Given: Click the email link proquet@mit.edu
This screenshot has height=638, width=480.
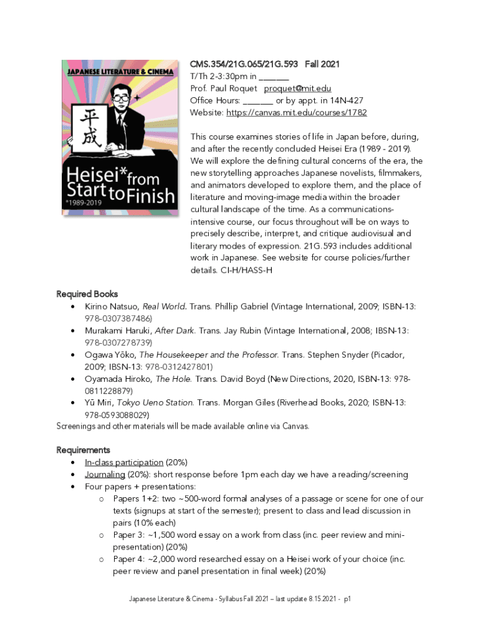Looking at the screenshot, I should pyautogui.click(x=296, y=88).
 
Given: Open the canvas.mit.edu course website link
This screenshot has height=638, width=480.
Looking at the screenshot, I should pyautogui.click(x=296, y=113).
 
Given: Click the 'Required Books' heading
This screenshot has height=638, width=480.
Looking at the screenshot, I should pyautogui.click(x=87, y=294).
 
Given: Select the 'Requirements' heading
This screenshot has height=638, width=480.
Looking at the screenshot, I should pyautogui.click(x=83, y=450).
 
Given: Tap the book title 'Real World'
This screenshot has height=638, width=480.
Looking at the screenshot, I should pyautogui.click(x=165, y=307).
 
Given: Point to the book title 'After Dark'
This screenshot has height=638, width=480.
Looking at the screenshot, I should pyautogui.click(x=175, y=331).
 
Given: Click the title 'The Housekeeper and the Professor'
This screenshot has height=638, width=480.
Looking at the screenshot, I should pyautogui.click(x=208, y=355).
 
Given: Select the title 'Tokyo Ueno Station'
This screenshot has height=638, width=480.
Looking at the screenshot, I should pyautogui.click(x=161, y=402).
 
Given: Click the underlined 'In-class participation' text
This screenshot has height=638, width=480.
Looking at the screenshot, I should pyautogui.click(x=124, y=462).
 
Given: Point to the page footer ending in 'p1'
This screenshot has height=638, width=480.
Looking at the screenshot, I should pyautogui.click(x=240, y=599).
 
